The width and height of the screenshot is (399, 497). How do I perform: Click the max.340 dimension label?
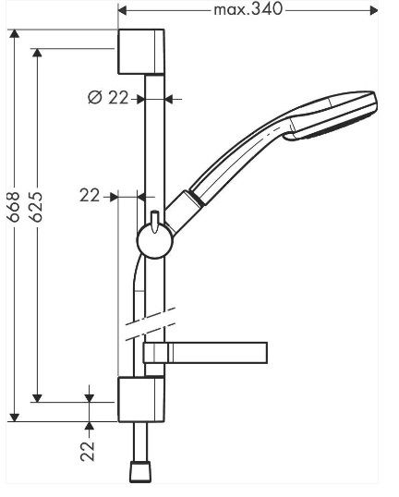248,9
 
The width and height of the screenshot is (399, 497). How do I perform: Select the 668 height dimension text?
14,207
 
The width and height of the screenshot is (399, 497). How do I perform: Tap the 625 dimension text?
36,207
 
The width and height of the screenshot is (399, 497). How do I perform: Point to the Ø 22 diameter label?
108,97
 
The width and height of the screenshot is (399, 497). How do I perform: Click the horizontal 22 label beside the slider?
90,195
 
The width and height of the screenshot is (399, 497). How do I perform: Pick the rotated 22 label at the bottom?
88,452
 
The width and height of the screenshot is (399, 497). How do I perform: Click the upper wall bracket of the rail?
141,52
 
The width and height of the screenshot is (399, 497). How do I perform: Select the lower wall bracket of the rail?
141,399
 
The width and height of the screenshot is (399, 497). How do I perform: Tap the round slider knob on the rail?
154,240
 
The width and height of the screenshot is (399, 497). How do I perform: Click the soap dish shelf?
205,353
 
